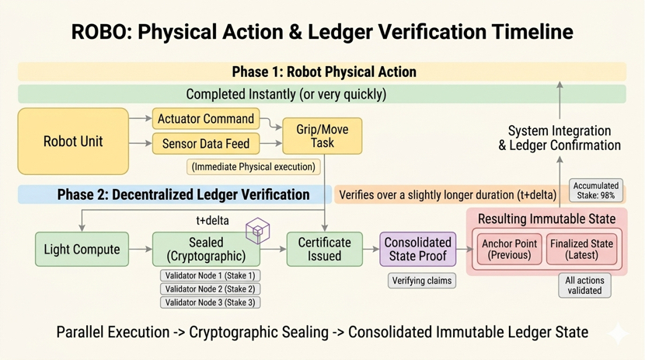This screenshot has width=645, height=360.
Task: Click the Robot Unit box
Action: click(x=73, y=142)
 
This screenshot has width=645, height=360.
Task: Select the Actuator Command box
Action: click(x=206, y=119)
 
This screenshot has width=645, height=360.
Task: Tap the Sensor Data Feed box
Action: click(x=206, y=143)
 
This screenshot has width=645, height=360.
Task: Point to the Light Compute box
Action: click(x=82, y=250)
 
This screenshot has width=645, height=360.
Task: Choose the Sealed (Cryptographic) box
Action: click(x=206, y=250)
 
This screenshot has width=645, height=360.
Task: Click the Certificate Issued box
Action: click(x=324, y=250)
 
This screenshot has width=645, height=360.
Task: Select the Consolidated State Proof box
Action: click(x=417, y=250)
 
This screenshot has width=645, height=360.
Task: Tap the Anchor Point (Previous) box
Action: click(x=508, y=250)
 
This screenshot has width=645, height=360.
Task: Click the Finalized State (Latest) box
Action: click(x=581, y=250)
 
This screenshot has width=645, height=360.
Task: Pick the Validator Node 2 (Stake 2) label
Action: click(x=208, y=289)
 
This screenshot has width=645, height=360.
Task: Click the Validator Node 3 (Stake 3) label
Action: click(x=208, y=302)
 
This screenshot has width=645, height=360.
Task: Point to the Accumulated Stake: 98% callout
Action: click(x=596, y=190)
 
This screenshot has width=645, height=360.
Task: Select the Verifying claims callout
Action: click(x=422, y=281)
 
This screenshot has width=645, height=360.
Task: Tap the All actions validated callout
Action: click(x=584, y=285)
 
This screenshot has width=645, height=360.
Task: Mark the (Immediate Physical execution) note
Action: click(x=253, y=166)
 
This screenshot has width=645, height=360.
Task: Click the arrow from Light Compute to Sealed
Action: click(x=141, y=250)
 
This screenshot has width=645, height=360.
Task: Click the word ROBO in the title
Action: click(x=97, y=32)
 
